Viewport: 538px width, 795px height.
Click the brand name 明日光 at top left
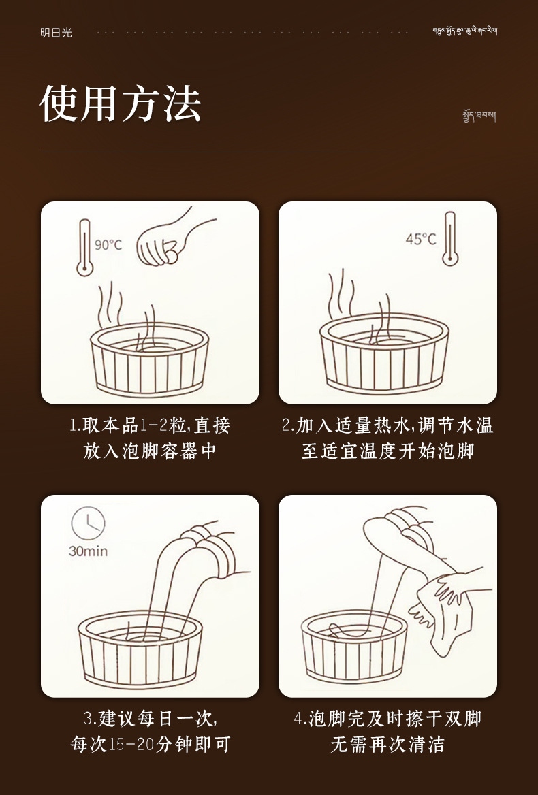55,33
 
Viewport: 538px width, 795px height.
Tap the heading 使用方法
121,104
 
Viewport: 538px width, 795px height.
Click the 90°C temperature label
108,245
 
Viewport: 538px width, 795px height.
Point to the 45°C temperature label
420,239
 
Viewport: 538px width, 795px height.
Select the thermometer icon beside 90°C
84,246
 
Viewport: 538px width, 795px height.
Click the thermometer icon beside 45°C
449,238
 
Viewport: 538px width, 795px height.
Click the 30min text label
88,551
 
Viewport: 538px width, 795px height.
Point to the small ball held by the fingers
172,257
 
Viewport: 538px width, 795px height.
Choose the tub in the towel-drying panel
353,647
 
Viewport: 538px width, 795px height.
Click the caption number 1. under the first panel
75,426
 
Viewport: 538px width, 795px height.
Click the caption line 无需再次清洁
387,744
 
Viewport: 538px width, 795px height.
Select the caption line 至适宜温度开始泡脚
387,451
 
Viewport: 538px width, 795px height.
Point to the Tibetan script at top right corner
464,32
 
